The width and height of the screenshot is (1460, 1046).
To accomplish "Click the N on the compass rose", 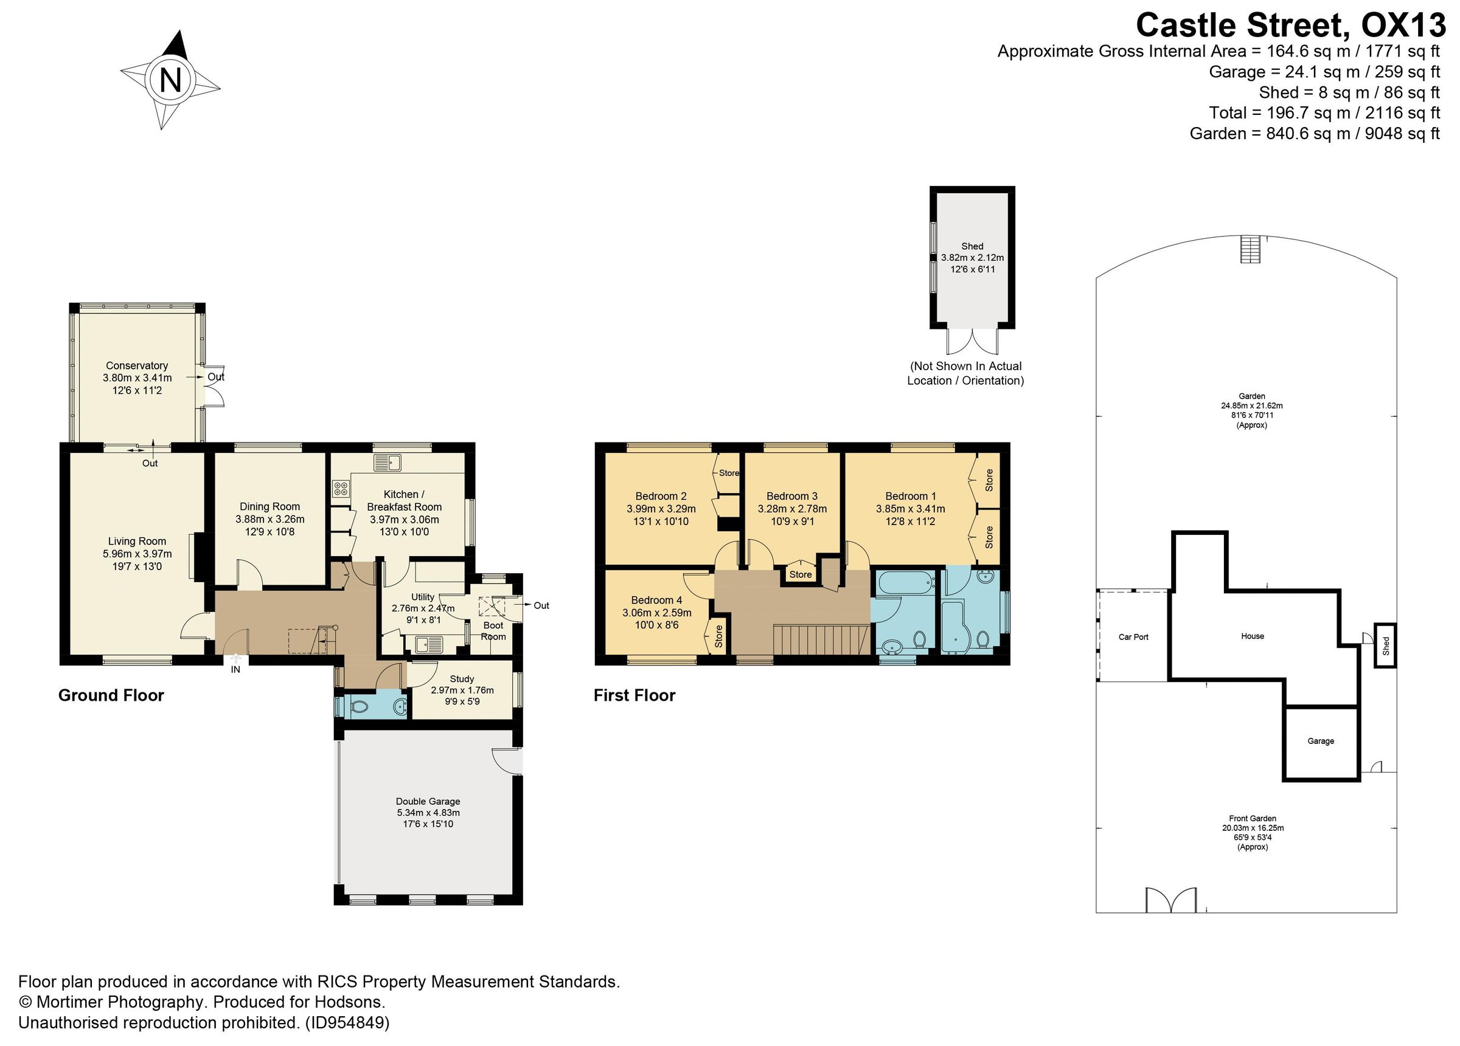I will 170,80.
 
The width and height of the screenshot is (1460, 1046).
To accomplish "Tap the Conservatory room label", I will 136,365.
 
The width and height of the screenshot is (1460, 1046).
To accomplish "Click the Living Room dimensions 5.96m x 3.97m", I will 137,554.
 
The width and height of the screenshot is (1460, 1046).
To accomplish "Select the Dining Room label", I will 269,506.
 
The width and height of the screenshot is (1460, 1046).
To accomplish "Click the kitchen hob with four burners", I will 341,489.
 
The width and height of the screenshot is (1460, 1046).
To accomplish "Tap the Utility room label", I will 423,597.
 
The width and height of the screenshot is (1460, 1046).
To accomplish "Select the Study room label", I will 462,679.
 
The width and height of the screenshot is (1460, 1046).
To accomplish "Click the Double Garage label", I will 428,802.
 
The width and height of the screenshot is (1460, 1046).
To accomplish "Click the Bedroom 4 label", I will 656,600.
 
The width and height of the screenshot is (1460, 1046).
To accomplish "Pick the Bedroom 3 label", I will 792,496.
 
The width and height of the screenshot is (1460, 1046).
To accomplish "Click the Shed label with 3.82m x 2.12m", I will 972,246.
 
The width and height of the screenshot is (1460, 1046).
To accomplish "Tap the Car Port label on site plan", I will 1133,637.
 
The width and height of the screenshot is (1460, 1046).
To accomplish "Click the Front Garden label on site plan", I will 1252,819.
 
